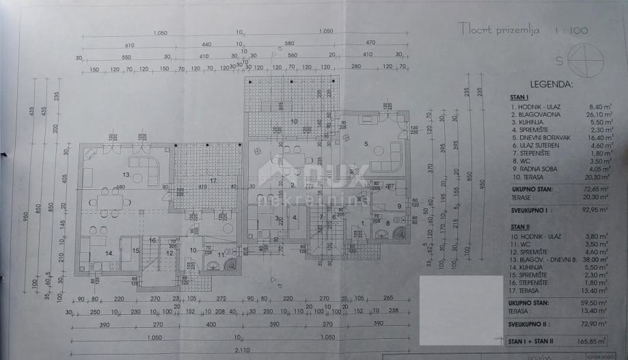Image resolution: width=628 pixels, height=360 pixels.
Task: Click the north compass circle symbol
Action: (x=588, y=59)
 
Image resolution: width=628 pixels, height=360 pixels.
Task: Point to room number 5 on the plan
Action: (x=366, y=144)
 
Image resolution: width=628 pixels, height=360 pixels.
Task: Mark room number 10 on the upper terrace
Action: (x=294, y=122)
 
